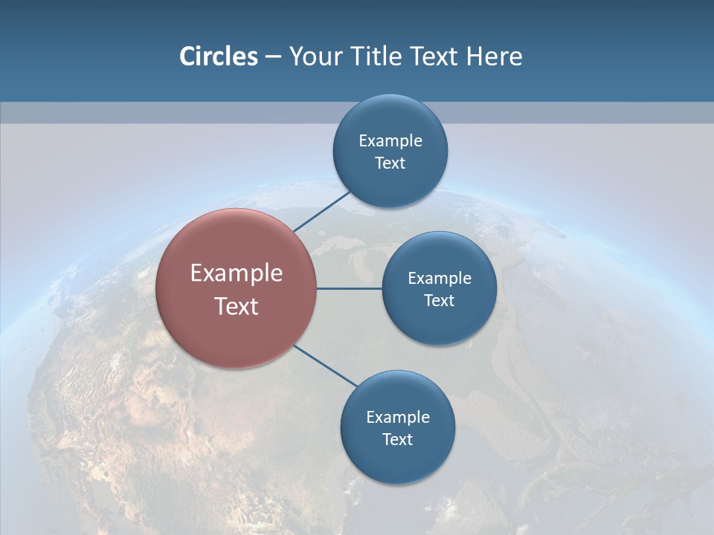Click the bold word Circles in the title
[218, 56]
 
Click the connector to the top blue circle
[321, 211]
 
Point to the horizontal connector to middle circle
[349, 288]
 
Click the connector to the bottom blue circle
[325, 366]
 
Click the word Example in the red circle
[236, 273]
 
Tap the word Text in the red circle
[236, 306]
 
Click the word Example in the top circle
[390, 141]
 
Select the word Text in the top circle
[390, 163]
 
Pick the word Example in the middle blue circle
[439, 279]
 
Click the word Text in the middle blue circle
[439, 301]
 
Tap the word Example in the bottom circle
[397, 418]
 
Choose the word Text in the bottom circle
[397, 440]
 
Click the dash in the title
[273, 57]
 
